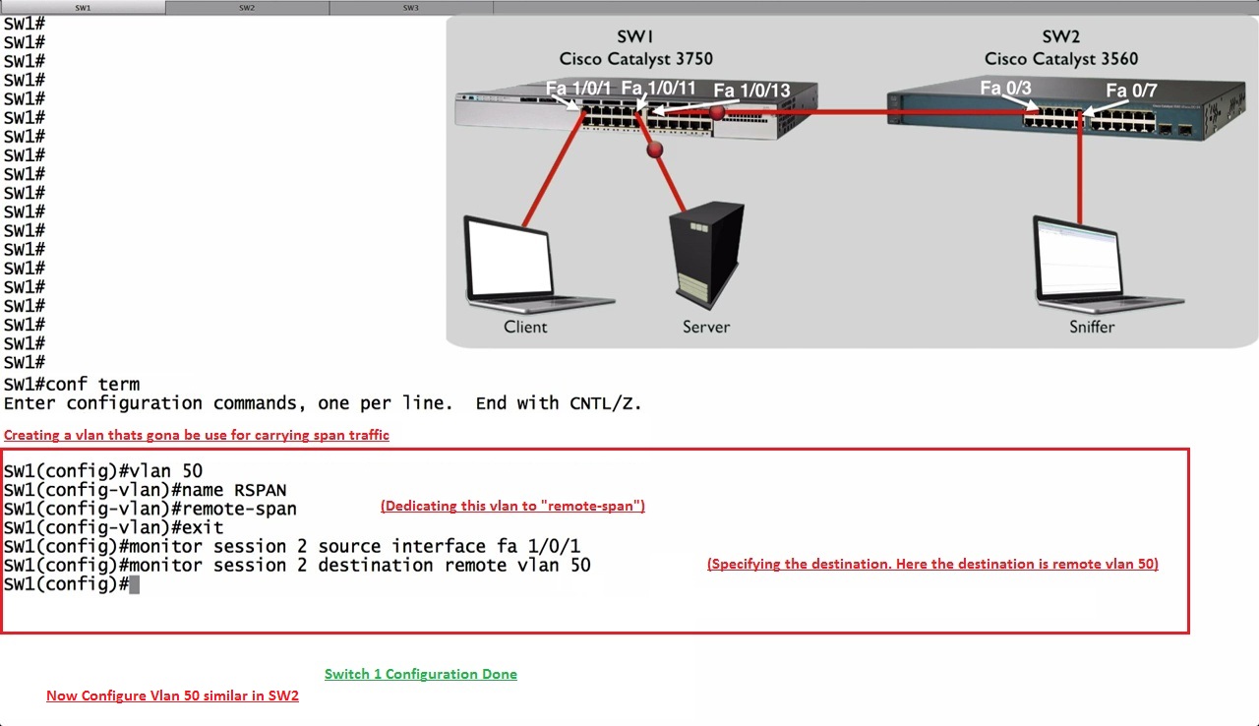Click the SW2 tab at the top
click(x=247, y=7)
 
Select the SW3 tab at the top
click(x=411, y=7)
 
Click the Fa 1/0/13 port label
click(x=751, y=91)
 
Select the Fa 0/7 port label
click(x=1131, y=91)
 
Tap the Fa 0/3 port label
click(x=1005, y=89)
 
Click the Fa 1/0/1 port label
click(x=578, y=89)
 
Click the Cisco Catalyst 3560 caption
click(x=1060, y=59)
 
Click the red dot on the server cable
click(x=655, y=151)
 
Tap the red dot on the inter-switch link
click(x=718, y=112)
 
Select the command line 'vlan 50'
click(x=103, y=470)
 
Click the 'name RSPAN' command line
click(x=145, y=490)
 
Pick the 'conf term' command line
click(x=72, y=384)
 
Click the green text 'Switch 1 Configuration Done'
click(x=420, y=674)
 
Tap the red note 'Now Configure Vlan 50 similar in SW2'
click(x=172, y=696)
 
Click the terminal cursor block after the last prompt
click(x=135, y=584)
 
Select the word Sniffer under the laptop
click(x=1092, y=327)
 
